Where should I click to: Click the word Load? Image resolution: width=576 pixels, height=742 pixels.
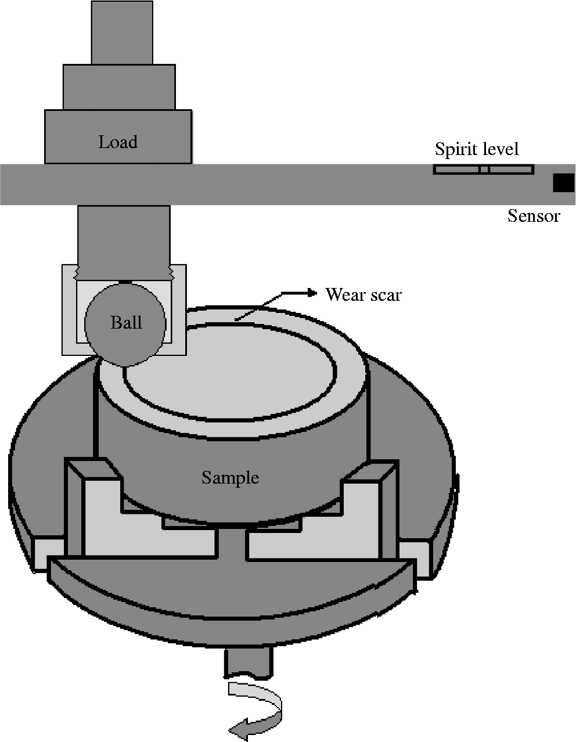click(118, 142)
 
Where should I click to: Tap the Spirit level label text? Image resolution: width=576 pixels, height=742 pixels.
click(476, 149)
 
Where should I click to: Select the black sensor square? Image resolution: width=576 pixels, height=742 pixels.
click(563, 182)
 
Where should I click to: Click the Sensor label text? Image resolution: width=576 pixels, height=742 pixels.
click(534, 216)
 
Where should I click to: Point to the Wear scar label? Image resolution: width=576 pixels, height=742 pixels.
click(363, 295)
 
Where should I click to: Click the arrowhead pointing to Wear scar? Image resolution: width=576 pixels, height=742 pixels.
click(312, 293)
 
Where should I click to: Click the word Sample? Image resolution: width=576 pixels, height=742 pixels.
click(230, 477)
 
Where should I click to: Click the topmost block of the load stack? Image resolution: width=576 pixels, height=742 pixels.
click(122, 32)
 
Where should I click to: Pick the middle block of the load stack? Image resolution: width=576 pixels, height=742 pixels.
click(119, 87)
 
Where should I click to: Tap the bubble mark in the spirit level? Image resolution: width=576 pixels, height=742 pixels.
click(484, 170)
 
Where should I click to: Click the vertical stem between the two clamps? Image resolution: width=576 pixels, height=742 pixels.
click(232, 543)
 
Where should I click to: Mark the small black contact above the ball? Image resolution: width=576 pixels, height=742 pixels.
click(124, 282)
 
